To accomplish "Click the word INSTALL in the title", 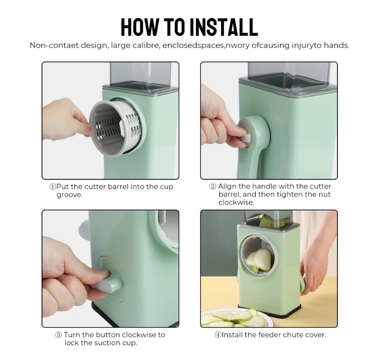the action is click(x=224, y=27).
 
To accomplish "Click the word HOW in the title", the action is click(x=139, y=27).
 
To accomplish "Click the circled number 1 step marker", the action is click(x=53, y=187).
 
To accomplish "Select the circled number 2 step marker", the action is click(x=213, y=186).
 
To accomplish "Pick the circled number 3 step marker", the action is click(x=58, y=335).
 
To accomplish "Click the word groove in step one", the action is click(x=69, y=195).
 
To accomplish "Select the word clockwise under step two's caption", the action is click(x=237, y=202).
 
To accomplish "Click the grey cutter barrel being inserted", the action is click(x=118, y=127).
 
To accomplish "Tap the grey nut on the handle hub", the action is click(x=246, y=135).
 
